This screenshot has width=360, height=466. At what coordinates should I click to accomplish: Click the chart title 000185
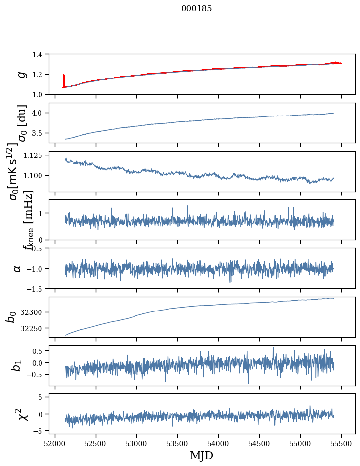point(197,9)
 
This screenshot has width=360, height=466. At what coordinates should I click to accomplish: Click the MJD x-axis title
point(201,455)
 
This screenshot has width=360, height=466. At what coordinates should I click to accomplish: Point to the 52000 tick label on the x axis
point(55,442)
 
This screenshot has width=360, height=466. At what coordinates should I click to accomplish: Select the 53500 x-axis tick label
point(178,442)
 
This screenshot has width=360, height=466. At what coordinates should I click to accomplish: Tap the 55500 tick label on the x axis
point(342,442)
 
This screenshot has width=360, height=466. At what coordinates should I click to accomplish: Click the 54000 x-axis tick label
point(219,442)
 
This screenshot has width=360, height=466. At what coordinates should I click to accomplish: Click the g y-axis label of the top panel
point(21,74)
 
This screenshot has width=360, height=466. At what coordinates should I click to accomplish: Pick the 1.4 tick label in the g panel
point(38,54)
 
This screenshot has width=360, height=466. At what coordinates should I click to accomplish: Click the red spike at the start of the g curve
point(64,80)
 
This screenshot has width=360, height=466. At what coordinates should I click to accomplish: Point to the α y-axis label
point(17,268)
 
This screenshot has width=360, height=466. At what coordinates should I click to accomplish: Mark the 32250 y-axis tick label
point(33,328)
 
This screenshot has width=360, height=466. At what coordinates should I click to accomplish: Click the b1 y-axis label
point(17,365)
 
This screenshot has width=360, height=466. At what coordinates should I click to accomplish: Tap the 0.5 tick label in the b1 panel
point(38,351)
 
